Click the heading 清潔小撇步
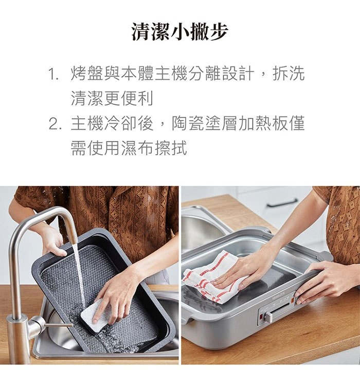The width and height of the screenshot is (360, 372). pos(179,32)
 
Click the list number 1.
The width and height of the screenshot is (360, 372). pos(53,75)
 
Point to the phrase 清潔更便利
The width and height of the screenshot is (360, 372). pos(112,98)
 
